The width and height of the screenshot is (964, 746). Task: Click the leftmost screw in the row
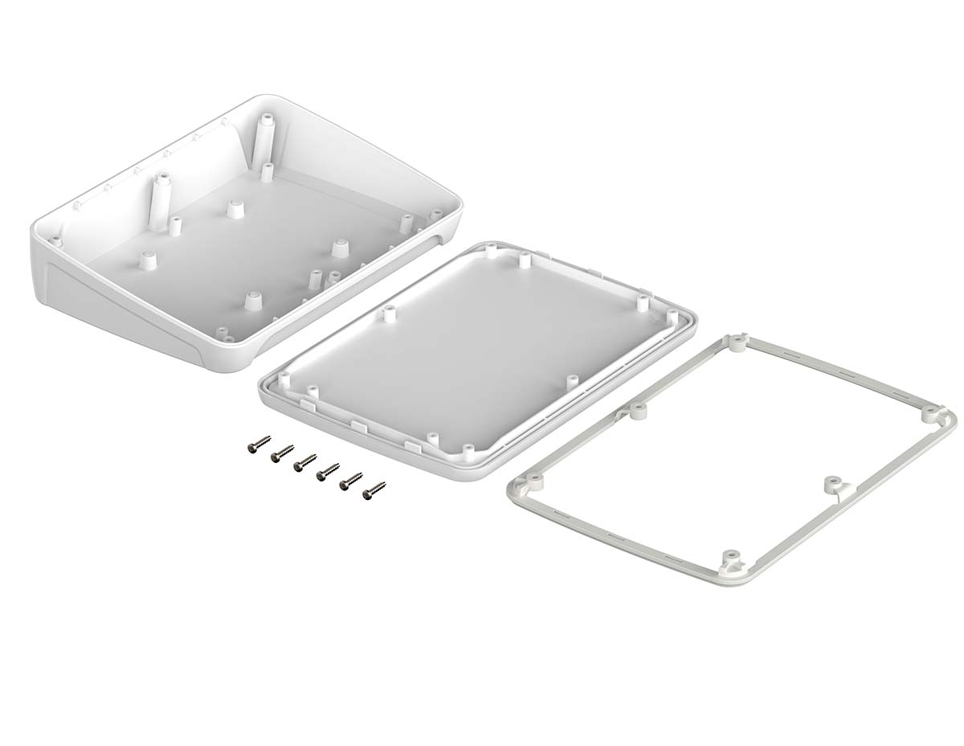point(259,443)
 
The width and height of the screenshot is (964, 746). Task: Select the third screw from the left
point(304,461)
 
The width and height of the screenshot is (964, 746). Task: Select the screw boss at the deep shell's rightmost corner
point(436,215)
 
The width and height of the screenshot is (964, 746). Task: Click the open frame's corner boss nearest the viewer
point(730,558)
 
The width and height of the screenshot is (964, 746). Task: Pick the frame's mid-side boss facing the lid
point(638,409)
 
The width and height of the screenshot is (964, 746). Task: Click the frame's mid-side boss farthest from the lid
point(831,485)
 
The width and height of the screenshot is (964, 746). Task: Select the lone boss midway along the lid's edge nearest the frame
point(572,380)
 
